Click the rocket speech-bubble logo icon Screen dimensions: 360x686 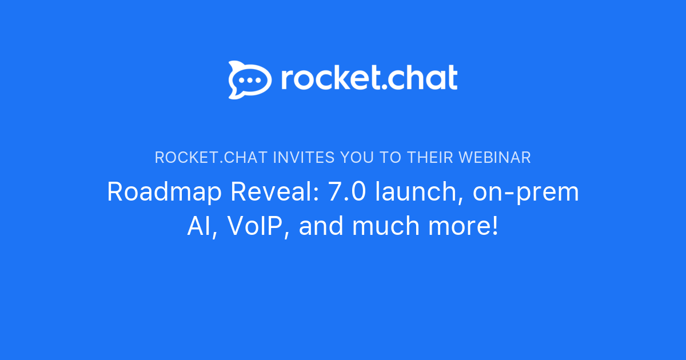point(250,79)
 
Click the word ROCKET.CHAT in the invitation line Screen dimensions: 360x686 point(211,157)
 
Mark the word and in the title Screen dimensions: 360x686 point(322,227)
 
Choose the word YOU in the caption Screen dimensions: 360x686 point(360,157)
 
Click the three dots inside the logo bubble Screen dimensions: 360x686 point(250,81)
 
